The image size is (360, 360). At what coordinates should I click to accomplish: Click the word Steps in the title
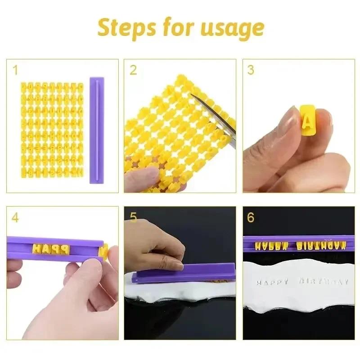pos(123,28)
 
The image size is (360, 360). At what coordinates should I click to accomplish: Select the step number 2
pos(133,70)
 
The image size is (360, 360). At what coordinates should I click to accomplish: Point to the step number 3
pos(251,70)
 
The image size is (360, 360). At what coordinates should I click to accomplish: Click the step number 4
pos(15,218)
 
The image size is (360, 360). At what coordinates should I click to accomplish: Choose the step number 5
pos(133,218)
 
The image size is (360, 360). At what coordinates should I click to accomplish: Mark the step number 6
pos(251,218)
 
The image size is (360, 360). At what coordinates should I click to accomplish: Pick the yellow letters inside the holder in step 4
pos(52,248)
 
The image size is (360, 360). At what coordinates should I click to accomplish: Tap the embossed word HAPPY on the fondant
pos(272,282)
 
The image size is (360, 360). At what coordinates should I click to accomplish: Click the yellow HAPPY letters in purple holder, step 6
pos(271,246)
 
